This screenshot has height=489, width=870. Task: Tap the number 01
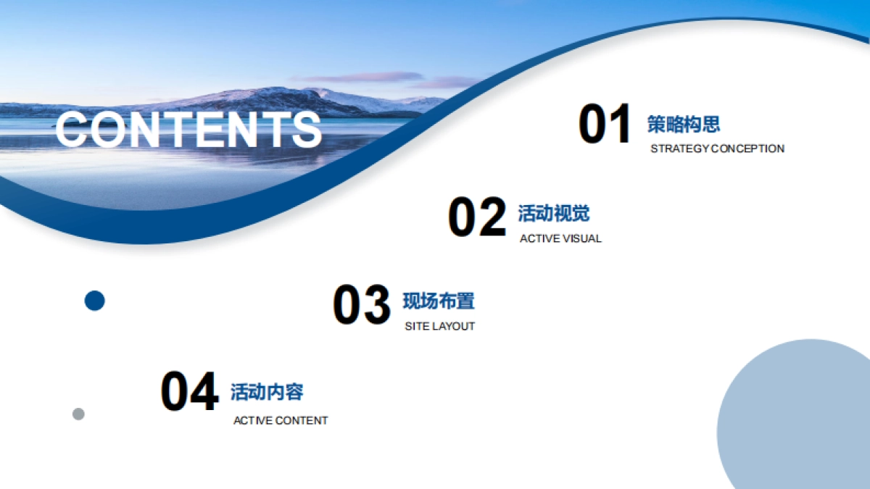pos(605,125)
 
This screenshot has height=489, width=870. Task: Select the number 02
pos(476,217)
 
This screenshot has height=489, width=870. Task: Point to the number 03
pos(361,305)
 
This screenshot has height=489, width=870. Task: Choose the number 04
pos(188,393)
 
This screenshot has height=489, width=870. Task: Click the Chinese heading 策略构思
pos(684,124)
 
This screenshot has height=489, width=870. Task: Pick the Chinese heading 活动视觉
pos(554,214)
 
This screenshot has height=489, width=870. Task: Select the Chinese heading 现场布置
pos(439,301)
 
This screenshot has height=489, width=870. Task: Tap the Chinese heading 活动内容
pos(267,392)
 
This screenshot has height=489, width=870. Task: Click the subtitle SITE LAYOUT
pos(439,326)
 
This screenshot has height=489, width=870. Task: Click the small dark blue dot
pos(95,301)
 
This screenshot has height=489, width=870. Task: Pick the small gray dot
pos(78,414)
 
